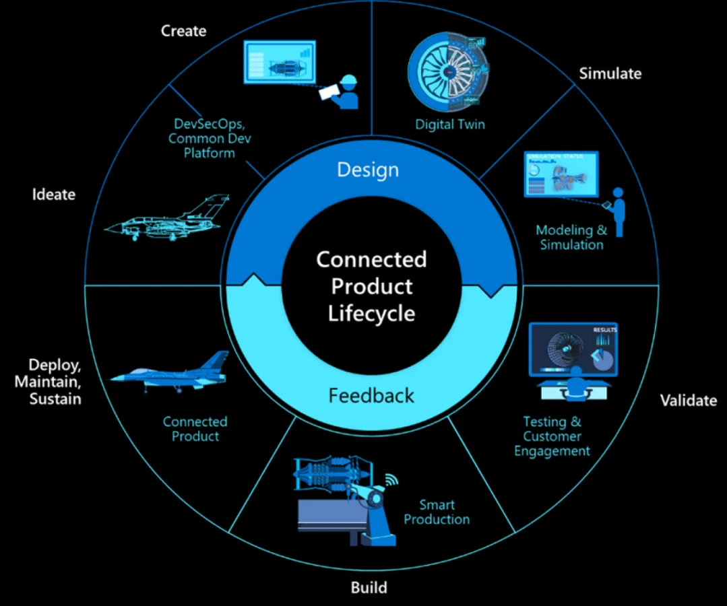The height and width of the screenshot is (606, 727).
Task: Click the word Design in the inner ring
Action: point(368,170)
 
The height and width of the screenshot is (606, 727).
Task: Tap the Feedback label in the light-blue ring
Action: point(371,395)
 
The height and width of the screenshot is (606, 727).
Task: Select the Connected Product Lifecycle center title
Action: point(371,286)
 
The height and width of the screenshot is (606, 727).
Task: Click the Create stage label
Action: point(183,31)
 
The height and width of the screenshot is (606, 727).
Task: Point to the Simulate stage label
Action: point(610,73)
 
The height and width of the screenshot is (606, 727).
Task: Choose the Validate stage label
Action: point(688,401)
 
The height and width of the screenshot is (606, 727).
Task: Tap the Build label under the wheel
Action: point(369,587)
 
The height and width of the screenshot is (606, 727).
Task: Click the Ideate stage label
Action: point(53,195)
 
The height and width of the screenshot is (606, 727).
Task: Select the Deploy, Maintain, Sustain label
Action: point(55,382)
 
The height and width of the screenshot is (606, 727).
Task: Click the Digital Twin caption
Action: point(449,124)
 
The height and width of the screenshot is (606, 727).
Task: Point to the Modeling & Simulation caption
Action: point(571,237)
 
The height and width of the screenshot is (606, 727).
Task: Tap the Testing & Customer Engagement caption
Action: point(552,436)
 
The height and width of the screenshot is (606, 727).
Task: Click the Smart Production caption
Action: point(437,512)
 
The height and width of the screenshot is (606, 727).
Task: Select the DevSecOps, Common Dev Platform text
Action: point(201,138)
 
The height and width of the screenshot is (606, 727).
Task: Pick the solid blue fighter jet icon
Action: point(170,372)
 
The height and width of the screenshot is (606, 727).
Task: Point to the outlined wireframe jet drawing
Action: point(167,217)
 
